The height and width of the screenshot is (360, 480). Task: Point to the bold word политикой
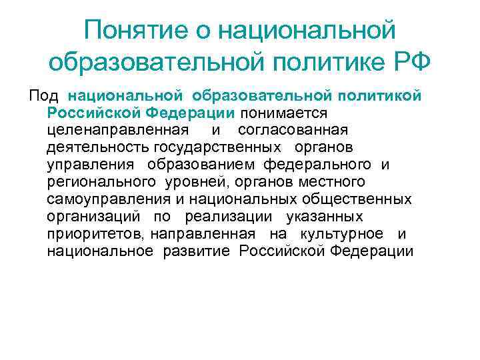pos(383,95)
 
